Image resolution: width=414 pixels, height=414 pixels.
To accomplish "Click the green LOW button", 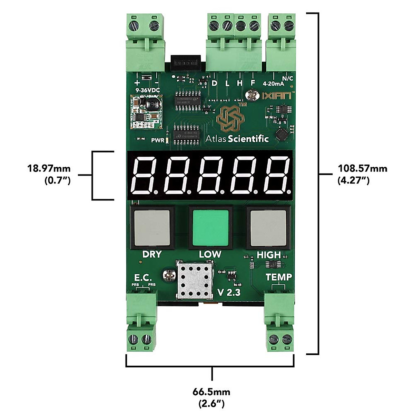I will pos(210,228).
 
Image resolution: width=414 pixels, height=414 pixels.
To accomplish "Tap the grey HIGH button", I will pos(268,228).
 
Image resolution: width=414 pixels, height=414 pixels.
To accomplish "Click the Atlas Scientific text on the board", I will pos(237,139).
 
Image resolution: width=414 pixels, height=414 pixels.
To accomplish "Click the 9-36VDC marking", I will pos(147,90).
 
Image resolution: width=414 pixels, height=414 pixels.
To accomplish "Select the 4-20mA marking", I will pos(273,83).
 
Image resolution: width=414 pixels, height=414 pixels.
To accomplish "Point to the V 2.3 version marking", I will pos(229,292).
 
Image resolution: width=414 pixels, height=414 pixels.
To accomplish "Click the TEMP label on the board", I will pos(279,277).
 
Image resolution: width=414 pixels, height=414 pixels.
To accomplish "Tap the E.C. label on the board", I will pos(143,277).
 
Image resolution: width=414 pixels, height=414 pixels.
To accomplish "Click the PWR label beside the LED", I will pos(158,140).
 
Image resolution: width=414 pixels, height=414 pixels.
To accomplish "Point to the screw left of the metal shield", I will pos(170,276).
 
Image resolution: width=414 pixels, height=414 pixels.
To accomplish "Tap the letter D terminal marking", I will pos(215,83).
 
